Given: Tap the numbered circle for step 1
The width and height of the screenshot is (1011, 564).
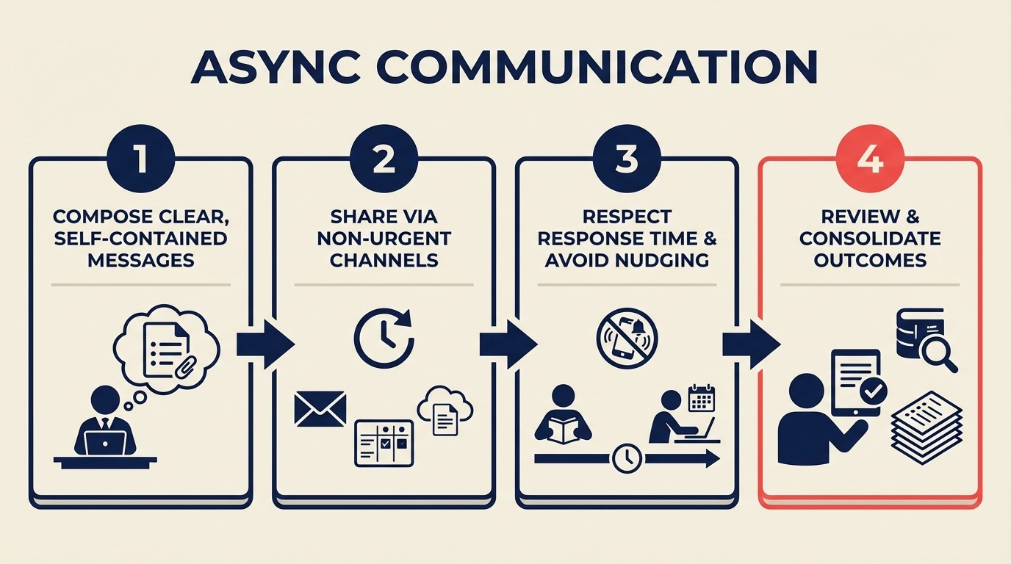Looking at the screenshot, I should click(140, 159).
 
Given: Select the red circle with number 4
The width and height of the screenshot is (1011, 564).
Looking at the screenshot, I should click(869, 159).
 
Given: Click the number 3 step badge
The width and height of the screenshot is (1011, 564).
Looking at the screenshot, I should click(626, 159).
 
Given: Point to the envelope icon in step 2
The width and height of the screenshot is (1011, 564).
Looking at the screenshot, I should click(320, 408).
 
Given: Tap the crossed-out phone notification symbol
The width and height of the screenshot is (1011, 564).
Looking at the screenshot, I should click(627, 339).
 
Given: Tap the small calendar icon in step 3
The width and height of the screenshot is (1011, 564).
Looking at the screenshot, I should click(702, 398).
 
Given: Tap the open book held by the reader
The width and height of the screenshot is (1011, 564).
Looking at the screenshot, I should click(563, 431).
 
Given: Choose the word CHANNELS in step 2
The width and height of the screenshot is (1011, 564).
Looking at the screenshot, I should click(384, 259).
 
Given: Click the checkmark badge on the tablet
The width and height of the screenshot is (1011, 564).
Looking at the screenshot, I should click(872, 393).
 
